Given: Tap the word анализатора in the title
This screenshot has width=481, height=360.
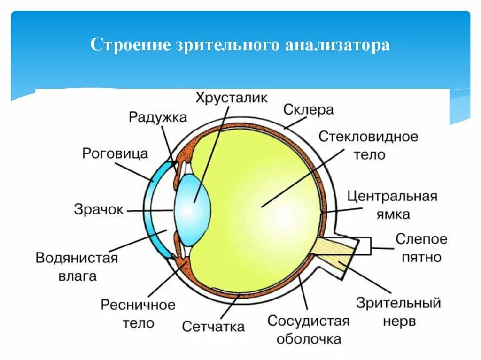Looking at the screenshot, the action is tap(337, 45).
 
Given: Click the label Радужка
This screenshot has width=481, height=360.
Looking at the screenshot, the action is tap(157, 117).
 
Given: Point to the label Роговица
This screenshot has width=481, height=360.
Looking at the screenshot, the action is tap(115, 153).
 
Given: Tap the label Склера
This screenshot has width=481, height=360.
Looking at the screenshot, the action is tap(308, 110).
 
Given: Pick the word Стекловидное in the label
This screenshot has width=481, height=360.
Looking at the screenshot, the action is tap(368, 137).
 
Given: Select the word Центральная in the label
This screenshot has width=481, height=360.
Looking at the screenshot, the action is tap(392, 196).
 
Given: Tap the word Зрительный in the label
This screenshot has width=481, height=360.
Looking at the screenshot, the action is tap(398, 303).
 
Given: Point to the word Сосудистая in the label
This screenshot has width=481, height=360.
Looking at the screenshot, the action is tap(309, 321).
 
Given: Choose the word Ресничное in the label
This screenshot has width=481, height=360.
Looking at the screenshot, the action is tap(138, 305).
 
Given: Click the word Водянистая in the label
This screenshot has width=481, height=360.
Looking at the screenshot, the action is tap(77, 258).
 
